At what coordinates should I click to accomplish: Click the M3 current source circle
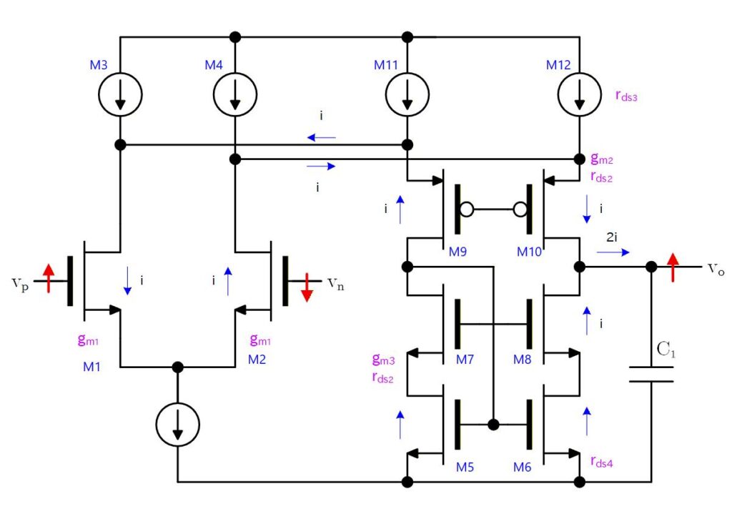(120, 73)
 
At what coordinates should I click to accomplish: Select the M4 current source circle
(235, 73)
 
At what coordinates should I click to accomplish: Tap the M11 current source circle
(407, 73)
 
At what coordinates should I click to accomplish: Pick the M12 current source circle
(579, 73)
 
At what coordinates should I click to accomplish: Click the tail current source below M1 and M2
(177, 403)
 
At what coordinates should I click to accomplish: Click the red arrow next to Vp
(49, 278)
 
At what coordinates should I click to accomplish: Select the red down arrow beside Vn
(307, 287)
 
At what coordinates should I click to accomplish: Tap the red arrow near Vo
(673, 267)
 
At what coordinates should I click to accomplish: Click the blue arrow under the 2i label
(613, 252)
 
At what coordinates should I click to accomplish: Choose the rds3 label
(626, 96)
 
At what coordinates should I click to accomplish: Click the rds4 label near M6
(602, 462)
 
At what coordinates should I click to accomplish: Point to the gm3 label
(384, 360)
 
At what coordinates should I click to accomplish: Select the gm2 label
(602, 159)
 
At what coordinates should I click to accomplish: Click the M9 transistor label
(457, 252)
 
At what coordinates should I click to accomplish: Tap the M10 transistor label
(529, 252)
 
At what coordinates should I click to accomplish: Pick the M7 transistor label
(465, 360)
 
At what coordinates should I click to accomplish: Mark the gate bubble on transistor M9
(466, 209)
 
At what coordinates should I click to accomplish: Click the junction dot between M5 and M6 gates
(493, 425)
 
